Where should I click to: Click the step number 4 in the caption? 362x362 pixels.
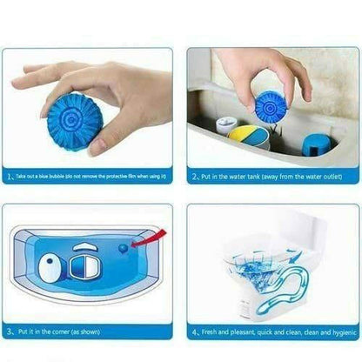point(194,332)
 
